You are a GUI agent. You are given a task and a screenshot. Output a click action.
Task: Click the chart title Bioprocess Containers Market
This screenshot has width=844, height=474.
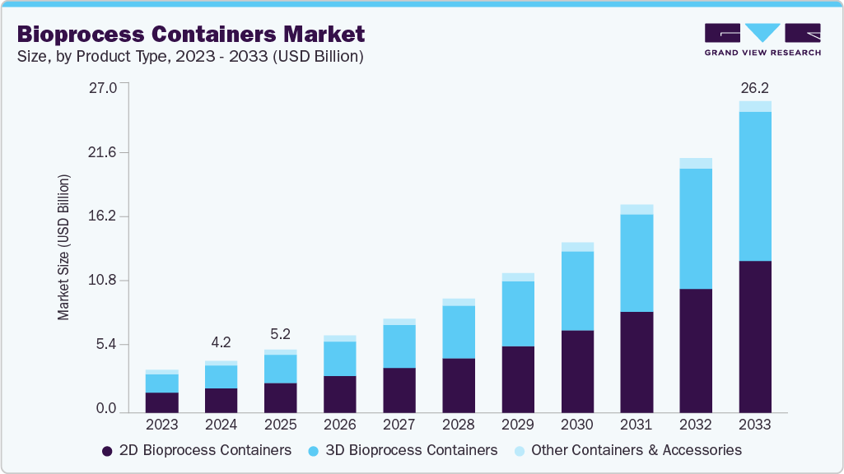pos(191,35)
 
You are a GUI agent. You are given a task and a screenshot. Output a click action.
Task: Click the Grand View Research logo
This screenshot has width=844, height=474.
pos(762,39)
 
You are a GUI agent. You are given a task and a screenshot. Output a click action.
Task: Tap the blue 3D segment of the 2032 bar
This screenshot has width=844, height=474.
pos(696,228)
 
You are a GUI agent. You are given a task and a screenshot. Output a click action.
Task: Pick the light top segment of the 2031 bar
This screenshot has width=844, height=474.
pos(636,209)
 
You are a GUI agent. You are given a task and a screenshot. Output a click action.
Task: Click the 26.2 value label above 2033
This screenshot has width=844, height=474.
pos(755,87)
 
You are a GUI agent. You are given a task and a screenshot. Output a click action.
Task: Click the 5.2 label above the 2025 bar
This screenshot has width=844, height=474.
pos(281,333)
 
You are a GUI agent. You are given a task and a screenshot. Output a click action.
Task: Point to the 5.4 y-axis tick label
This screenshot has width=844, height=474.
pos(106,344)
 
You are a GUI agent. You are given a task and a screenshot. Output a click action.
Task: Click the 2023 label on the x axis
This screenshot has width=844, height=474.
pos(162,425)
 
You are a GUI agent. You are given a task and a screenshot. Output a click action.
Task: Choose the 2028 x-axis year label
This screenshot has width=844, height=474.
pos(459,425)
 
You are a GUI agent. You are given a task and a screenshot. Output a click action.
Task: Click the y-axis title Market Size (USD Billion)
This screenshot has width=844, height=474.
pos(63,247)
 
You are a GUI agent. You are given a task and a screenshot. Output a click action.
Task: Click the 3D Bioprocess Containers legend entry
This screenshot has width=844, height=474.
pos(403,450)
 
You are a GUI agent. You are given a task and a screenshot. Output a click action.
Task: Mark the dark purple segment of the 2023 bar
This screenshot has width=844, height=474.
pos(162,402)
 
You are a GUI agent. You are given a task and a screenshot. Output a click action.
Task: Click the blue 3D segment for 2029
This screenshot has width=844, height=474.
pos(518,314)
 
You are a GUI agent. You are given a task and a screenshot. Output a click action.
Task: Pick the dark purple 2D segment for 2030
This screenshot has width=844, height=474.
pos(577,370)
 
